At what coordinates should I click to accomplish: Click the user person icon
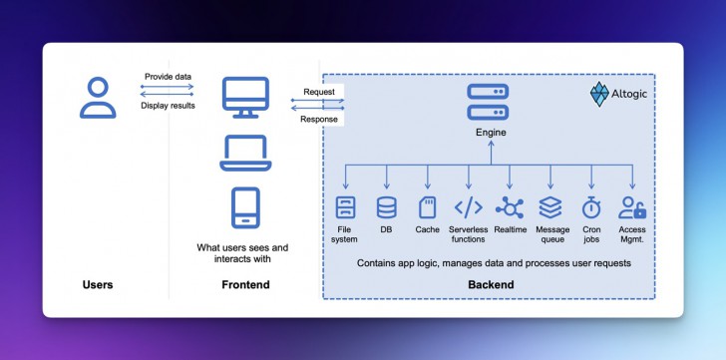[x=98, y=98]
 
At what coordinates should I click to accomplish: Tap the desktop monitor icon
[x=244, y=98]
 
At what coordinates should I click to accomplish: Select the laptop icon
[x=244, y=153]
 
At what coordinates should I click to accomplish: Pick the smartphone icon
[x=244, y=208]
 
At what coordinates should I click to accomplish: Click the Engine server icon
[x=489, y=100]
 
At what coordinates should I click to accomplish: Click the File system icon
[x=345, y=207]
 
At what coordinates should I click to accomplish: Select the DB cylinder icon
[x=386, y=207]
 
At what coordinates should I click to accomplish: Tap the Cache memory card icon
[x=427, y=207]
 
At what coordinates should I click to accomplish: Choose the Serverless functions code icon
[x=469, y=207]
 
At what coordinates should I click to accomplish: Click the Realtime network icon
[x=511, y=207]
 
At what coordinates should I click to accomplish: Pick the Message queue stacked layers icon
[x=551, y=207]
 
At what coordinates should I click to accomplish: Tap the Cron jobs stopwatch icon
[x=592, y=207]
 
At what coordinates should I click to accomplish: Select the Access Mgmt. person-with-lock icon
[x=633, y=207]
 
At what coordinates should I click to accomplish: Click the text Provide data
[x=168, y=77]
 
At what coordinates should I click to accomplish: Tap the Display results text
[x=168, y=105]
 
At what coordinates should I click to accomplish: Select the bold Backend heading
[x=491, y=285]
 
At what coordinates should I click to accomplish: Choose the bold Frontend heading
[x=245, y=285]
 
